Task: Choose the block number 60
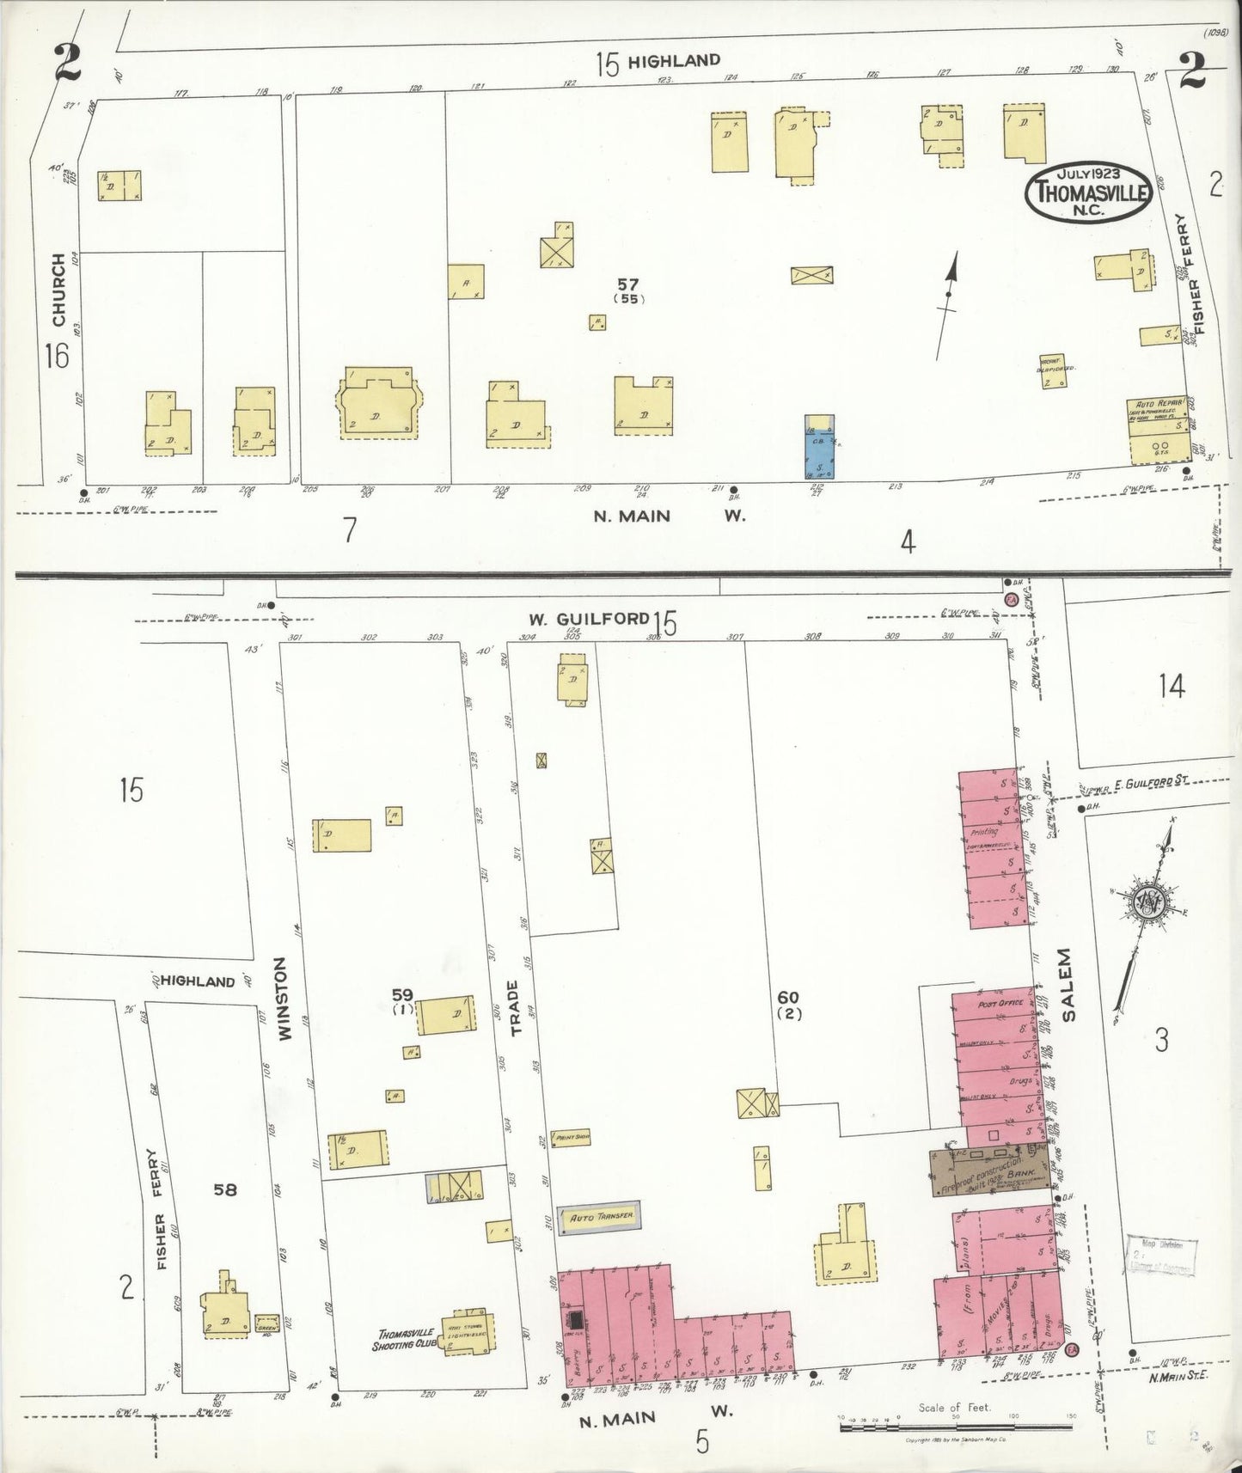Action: (788, 998)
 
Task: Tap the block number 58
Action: (225, 1190)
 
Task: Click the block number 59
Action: (402, 995)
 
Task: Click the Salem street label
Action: (1067, 984)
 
